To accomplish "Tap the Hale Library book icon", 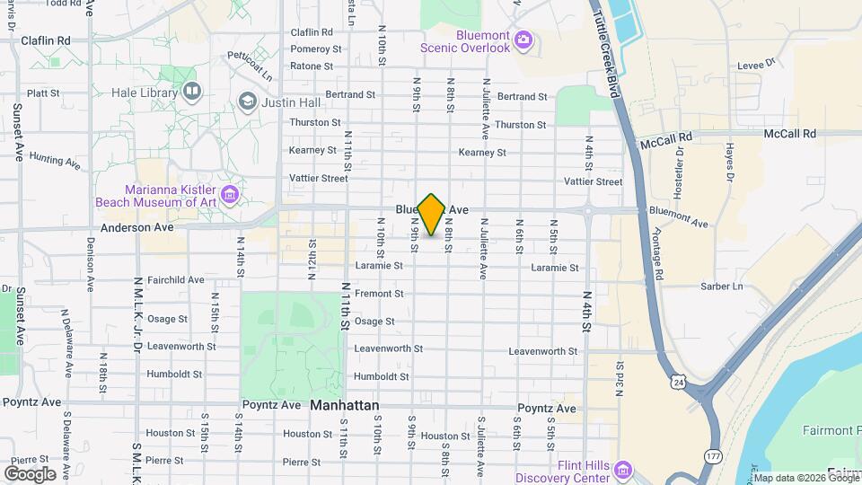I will coord(191,92).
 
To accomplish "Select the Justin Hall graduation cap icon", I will coord(246,101).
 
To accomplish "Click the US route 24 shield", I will coord(676,384).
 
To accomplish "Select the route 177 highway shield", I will coord(712,456).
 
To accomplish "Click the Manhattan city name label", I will coord(345,406).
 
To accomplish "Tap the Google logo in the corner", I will coord(30,473).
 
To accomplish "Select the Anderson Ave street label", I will coord(136,228).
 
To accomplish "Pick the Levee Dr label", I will coord(755,64).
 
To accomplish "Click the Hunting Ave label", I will coord(55,159).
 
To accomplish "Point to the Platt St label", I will coord(43,93).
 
